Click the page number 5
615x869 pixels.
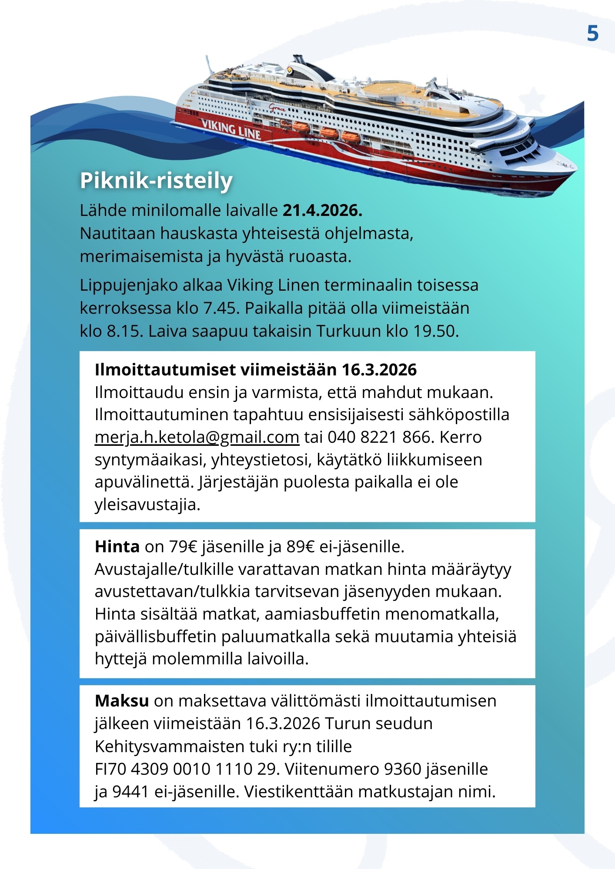point(592,33)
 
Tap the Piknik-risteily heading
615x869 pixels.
point(156,180)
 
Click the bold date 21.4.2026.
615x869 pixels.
point(322,211)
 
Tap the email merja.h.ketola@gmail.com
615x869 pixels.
point(197,437)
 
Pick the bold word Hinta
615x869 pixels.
point(117,547)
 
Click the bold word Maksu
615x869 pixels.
point(122,701)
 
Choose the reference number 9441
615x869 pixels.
point(130,791)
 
